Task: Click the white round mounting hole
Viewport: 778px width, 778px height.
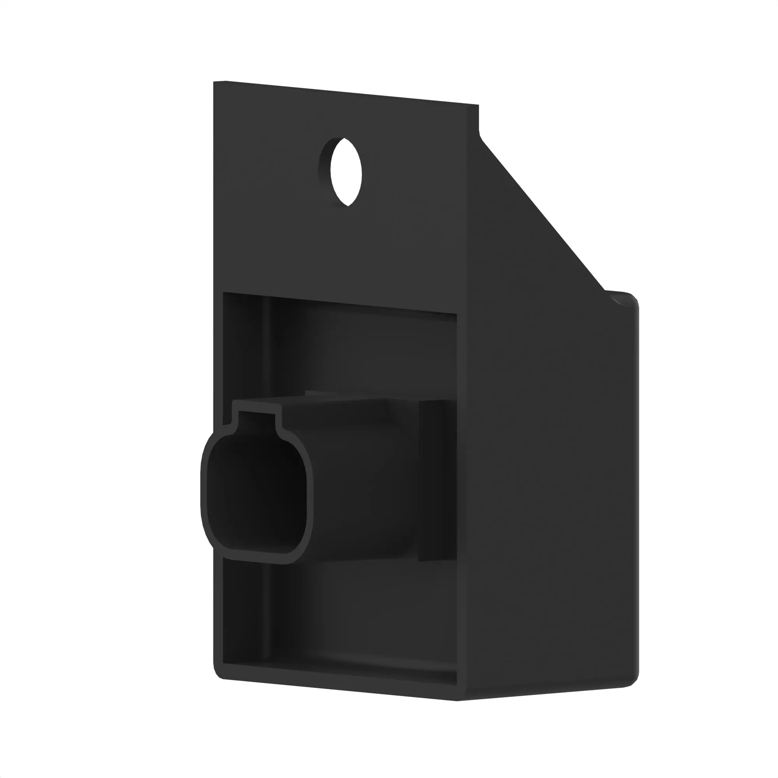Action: (x=345, y=172)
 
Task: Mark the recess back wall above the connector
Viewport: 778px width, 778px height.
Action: (x=363, y=350)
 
